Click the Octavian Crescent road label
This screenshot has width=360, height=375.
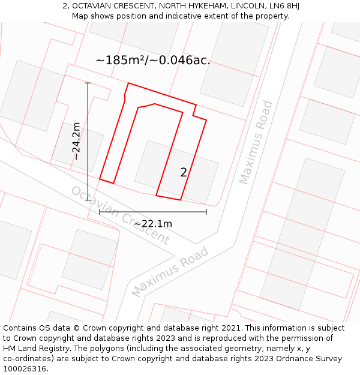(120, 215)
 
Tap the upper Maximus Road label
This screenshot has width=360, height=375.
(256, 142)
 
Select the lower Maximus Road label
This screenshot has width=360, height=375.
(170, 271)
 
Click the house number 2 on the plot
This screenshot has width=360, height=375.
(184, 172)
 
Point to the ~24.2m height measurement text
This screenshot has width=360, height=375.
(76, 141)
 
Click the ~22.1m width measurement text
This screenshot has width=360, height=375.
(153, 224)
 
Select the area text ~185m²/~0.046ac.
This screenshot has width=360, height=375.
(153, 60)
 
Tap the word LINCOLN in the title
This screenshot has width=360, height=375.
(243, 6)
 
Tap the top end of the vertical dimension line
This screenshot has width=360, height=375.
(88, 83)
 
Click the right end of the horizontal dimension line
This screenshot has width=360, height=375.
(206, 211)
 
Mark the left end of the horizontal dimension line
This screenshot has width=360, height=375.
(100, 211)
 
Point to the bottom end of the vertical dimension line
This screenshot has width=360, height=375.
(88, 200)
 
